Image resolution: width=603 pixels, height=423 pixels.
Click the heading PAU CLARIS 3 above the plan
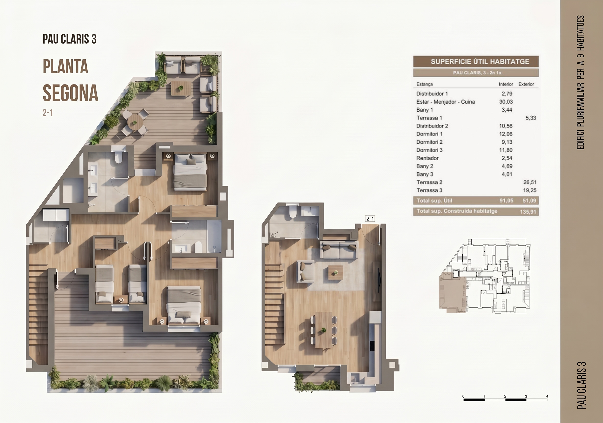click(x=70, y=39)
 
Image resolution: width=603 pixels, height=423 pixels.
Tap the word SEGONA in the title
click(x=70, y=93)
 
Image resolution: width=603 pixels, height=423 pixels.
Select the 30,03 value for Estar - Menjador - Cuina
click(x=506, y=102)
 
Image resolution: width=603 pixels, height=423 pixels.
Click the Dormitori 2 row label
click(x=429, y=142)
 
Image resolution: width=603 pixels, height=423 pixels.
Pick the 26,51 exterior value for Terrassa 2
click(x=530, y=182)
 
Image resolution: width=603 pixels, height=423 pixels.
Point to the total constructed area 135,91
click(x=528, y=211)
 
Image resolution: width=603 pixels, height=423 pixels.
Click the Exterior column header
click(x=526, y=84)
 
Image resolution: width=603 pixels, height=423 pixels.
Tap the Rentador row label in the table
click(x=427, y=158)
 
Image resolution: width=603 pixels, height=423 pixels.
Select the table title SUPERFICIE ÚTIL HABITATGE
click(x=480, y=61)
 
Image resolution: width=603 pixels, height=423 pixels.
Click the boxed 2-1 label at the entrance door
click(x=370, y=219)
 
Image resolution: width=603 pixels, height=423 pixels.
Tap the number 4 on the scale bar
click(x=547, y=396)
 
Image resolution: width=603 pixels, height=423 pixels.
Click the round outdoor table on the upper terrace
click(x=135, y=122)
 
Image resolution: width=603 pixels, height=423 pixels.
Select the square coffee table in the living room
click(x=336, y=273)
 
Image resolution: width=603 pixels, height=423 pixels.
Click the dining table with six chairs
click(x=323, y=330)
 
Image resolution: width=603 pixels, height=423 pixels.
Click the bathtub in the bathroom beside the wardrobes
click(x=214, y=236)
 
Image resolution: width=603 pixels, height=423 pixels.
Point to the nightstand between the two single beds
click(x=121, y=300)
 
